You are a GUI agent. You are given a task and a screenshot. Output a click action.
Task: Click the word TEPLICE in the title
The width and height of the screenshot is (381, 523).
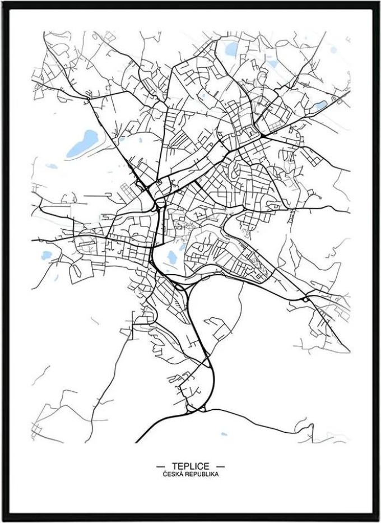tap(190, 466)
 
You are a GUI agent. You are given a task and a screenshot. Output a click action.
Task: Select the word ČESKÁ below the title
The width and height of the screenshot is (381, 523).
tap(173, 474)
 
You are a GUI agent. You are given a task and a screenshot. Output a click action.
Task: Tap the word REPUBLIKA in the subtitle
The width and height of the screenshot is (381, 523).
tap(201, 474)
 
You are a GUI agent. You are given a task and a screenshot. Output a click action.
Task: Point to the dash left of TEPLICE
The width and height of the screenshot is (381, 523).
tap(161, 466)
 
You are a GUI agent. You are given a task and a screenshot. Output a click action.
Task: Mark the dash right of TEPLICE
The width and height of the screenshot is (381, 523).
tap(220, 466)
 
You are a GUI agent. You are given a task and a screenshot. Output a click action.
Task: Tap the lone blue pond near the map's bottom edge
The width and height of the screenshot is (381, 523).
tap(224, 434)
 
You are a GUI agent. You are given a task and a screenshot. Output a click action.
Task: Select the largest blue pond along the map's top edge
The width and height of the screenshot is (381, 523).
tap(231, 50)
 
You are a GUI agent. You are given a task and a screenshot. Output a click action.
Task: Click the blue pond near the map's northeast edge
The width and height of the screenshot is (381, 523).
tap(320, 105)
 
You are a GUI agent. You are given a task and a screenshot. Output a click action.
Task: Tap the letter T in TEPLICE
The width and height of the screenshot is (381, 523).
tap(175, 466)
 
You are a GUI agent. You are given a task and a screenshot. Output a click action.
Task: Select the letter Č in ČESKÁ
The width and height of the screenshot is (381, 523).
tap(165, 474)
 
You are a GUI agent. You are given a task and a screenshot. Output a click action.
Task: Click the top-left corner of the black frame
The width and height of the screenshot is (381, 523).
tap(2, 2)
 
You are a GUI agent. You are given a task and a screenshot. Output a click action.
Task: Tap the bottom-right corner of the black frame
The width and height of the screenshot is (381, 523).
tap(379, 521)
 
